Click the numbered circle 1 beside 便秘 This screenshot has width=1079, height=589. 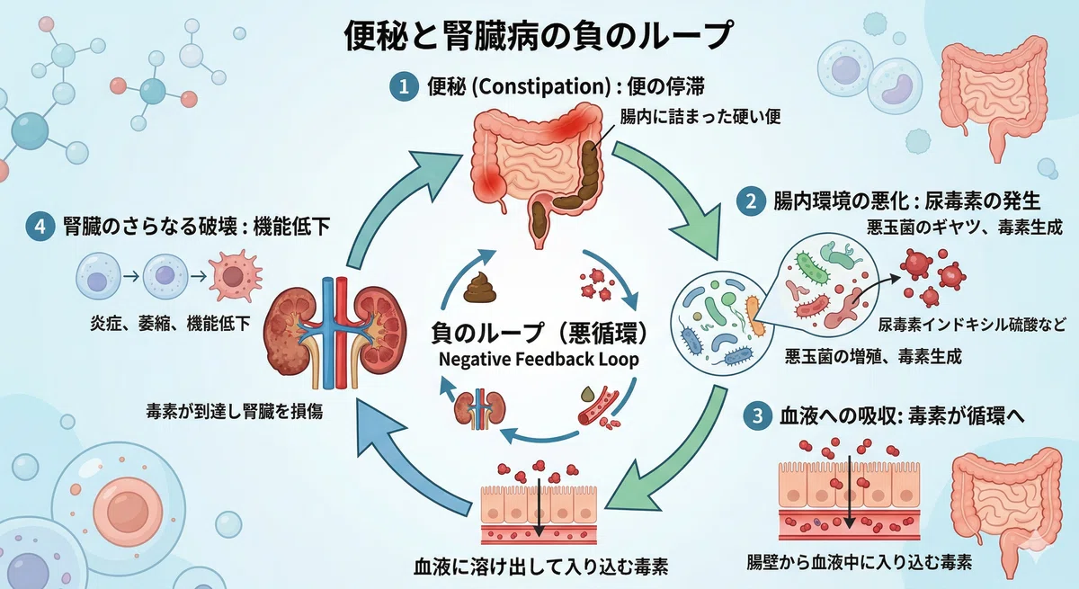[x=404, y=86]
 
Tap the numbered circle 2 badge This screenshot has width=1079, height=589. [x=751, y=201]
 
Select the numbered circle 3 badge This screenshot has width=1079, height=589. [x=758, y=415]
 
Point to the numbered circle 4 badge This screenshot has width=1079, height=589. [x=40, y=226]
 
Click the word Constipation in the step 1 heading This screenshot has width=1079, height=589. [x=542, y=86]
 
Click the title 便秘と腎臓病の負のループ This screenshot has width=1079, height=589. [x=539, y=35]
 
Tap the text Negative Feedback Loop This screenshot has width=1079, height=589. [x=539, y=360]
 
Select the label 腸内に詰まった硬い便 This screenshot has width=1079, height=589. [x=700, y=117]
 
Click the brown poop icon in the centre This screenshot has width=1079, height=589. [x=479, y=288]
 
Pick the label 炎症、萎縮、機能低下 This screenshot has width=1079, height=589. [x=170, y=323]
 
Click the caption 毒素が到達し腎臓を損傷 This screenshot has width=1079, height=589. [x=235, y=411]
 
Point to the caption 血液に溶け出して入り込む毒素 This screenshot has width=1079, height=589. [x=540, y=567]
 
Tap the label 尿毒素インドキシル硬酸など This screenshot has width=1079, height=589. [x=972, y=325]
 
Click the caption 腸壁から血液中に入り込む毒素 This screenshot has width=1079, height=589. [x=859, y=562]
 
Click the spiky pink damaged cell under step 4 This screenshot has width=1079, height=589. [x=235, y=276]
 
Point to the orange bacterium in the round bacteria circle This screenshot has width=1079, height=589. [x=754, y=316]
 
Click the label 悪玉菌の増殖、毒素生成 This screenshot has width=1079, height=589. [x=873, y=356]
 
